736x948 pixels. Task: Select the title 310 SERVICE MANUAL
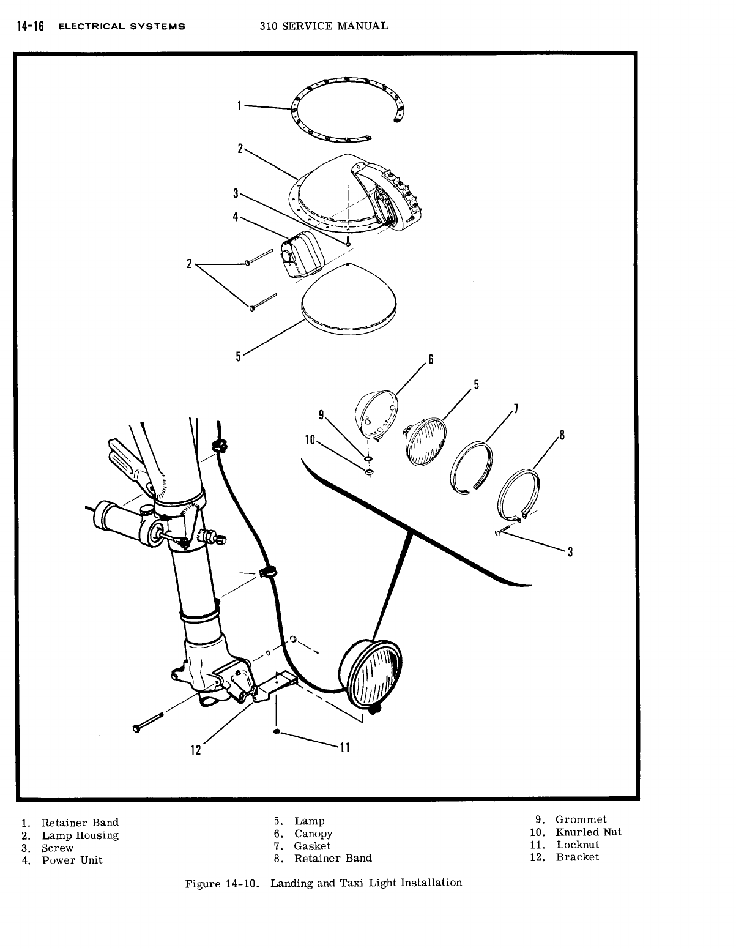pos(324,26)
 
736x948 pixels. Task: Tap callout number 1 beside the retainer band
pos(239,106)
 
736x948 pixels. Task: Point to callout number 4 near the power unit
pos(236,217)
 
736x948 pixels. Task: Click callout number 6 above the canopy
pos(430,359)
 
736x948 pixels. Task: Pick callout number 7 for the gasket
pos(516,408)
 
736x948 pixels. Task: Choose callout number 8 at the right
pos(562,436)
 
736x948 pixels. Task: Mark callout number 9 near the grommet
pos(321,414)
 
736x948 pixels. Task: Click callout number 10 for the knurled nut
pos(309,439)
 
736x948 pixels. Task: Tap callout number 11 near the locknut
pos(344,747)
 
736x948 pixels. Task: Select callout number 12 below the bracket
pos(196,750)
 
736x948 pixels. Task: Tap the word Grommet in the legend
pos(581,819)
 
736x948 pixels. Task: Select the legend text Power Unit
pos(72,860)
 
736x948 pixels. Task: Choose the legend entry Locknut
pos(577,845)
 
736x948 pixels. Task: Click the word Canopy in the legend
pos(313,834)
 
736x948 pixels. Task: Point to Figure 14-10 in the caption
pos(223,883)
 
